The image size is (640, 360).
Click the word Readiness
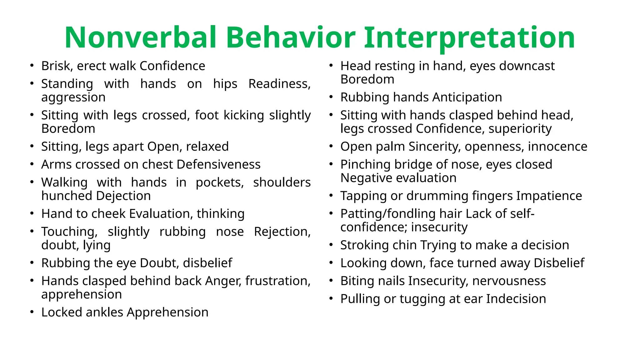pyautogui.click(x=279, y=84)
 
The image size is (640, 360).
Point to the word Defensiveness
pyautogui.click(x=218, y=165)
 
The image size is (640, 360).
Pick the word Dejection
pyautogui.click(x=123, y=196)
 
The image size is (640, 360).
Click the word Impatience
pyautogui.click(x=549, y=196)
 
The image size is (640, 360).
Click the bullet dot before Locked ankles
pyautogui.click(x=32, y=312)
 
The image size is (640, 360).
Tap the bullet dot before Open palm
pyautogui.click(x=331, y=146)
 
